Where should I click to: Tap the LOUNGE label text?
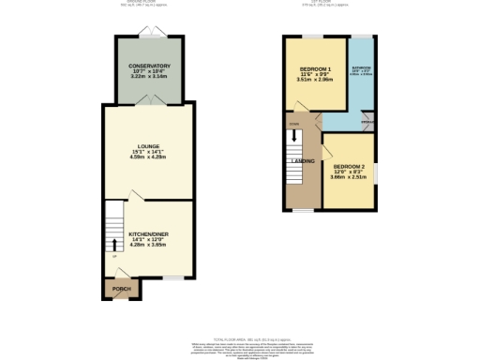coord(147,147)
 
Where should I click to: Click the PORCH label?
coord(120,287)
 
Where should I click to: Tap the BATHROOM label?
coord(361,68)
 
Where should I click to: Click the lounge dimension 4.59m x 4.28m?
coord(147,158)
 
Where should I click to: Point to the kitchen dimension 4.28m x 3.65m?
coord(147,244)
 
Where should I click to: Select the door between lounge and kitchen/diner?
coord(134,197)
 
